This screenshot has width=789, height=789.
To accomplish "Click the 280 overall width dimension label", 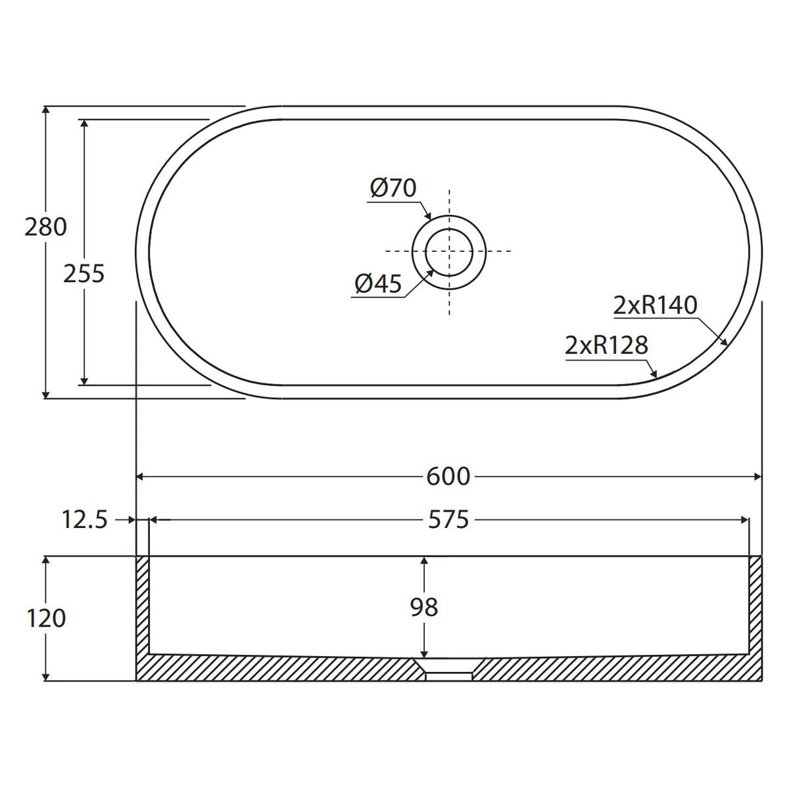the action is pos(45,227).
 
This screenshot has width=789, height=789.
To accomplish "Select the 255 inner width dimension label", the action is pos(84,274).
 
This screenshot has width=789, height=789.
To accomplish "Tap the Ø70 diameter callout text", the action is pos(393,188).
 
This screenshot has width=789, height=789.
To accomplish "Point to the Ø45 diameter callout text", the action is pos(378,283).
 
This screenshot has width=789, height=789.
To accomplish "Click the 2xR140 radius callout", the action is pos(655,305).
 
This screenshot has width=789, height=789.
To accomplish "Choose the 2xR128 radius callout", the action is pos(606,345).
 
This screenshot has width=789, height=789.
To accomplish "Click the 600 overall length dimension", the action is pos(448,477).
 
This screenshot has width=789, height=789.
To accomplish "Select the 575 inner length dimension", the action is pos(448,520).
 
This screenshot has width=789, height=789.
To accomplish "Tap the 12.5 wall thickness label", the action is pos(85,520).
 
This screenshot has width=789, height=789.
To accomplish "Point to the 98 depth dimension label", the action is pos(424,608).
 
